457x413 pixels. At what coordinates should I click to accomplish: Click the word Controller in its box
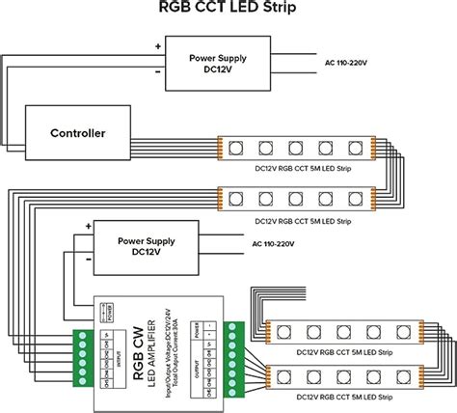click(x=65, y=132)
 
